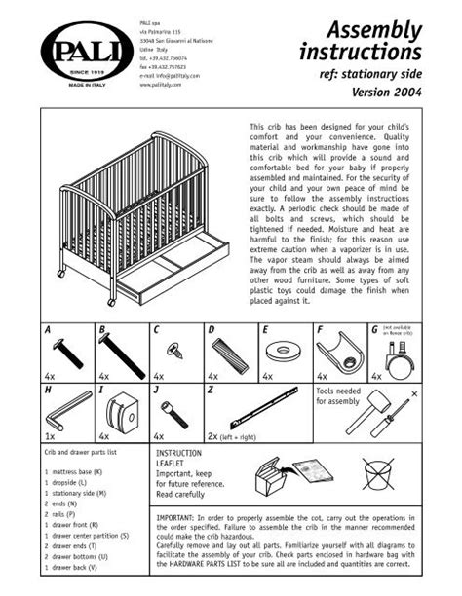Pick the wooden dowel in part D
click(225, 351)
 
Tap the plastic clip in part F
click(338, 349)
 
